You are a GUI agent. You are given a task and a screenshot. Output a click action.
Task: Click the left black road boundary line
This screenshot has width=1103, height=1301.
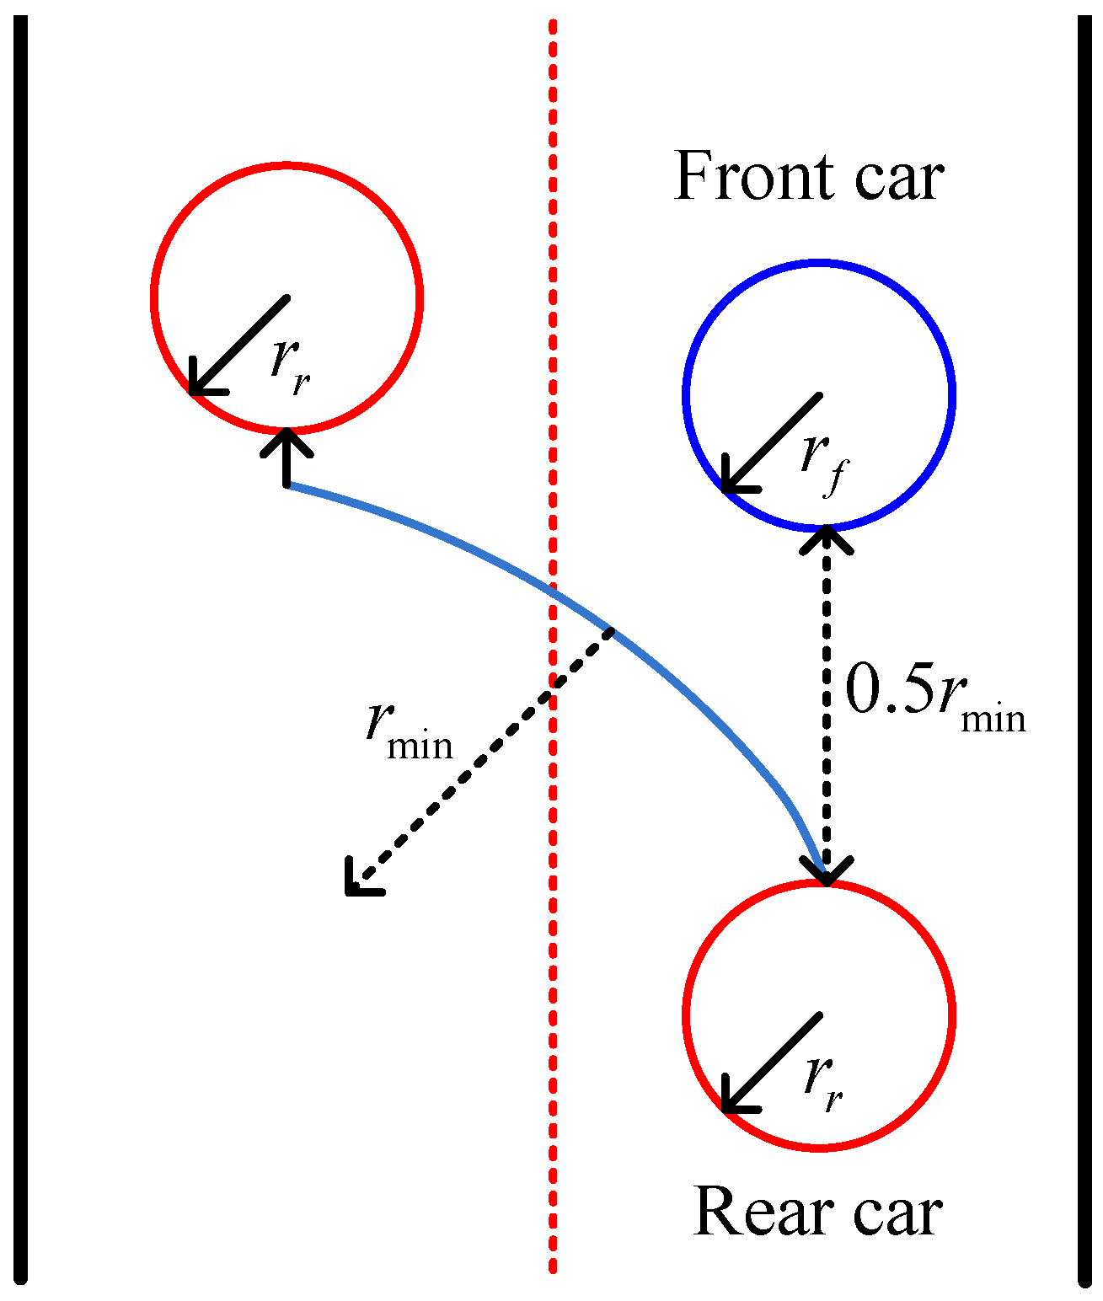[x=22, y=649]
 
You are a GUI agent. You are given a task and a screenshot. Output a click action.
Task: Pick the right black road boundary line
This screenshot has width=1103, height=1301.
[x=1084, y=649]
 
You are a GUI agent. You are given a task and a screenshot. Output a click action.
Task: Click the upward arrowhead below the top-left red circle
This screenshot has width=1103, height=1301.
[x=287, y=442]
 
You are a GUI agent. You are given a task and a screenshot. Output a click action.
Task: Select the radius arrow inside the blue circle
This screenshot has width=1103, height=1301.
[x=771, y=442]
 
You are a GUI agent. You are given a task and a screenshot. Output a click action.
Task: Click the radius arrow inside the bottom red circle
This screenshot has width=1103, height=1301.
[x=771, y=1062]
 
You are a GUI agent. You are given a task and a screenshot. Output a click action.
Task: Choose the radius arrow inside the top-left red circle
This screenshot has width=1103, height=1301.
[x=240, y=345]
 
